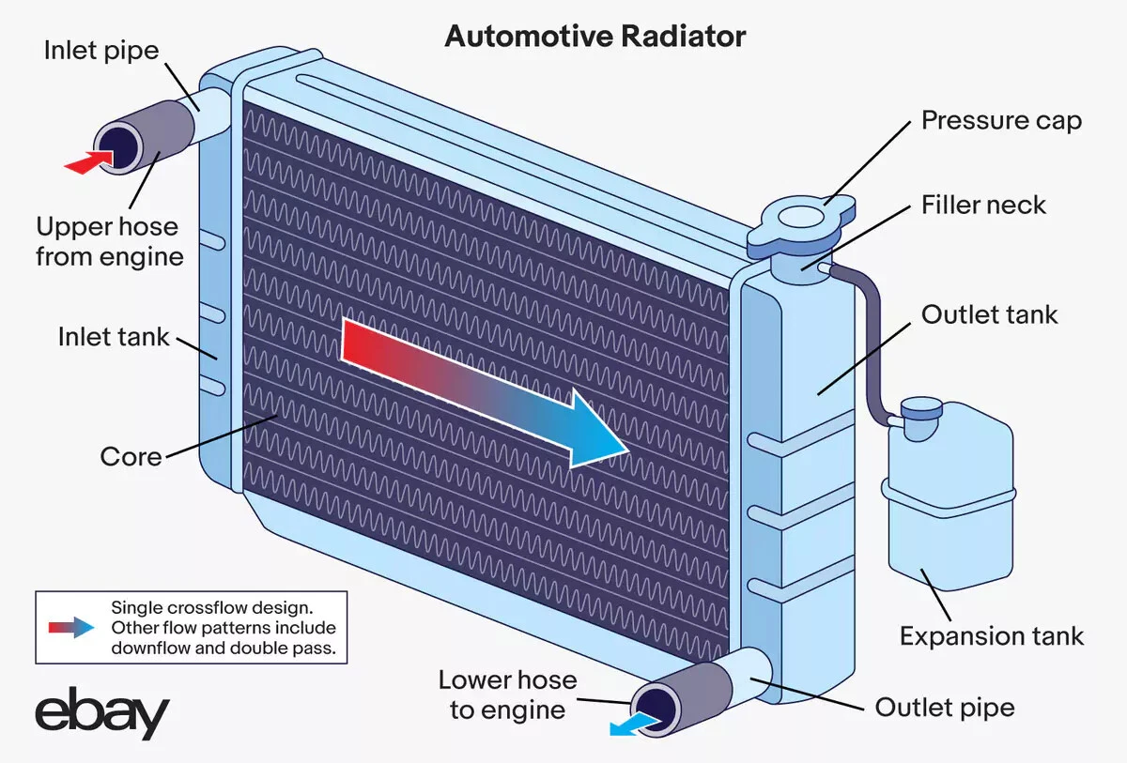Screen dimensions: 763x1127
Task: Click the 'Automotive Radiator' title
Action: pos(595,37)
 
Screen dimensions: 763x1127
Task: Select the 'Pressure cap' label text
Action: pos(1001,121)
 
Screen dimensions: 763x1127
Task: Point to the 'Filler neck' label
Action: pos(983,205)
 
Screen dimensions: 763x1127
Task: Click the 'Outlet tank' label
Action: pos(989,314)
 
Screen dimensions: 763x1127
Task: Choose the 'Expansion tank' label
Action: pos(992,636)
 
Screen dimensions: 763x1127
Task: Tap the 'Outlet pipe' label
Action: pos(945,707)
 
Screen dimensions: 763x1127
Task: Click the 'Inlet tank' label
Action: pos(114,336)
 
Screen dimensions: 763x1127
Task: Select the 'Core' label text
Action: pos(131,457)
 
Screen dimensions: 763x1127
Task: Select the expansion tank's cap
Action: pos(920,411)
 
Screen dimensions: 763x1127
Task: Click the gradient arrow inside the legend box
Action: pos(72,627)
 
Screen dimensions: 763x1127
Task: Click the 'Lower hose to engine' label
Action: pos(507,694)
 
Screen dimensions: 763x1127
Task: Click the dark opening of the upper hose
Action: pos(119,146)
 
